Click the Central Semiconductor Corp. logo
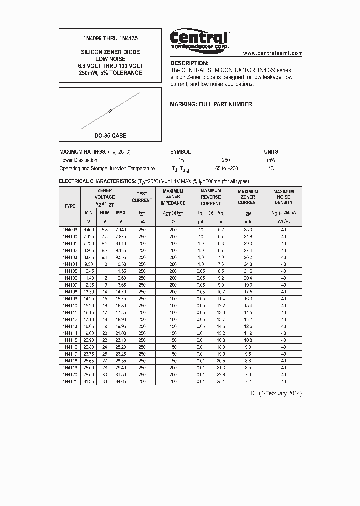pos(199,39)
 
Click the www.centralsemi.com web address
pos(273,53)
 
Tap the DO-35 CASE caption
pos(110,136)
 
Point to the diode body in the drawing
pos(110,111)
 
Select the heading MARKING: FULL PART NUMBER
pos(211,104)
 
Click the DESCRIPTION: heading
pos(189,63)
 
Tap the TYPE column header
pos(70,206)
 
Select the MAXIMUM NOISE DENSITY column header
pos(283,197)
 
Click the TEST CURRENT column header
pos(142,197)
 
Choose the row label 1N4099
pos(70,229)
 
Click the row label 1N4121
pos(70,381)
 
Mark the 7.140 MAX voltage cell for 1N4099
pos(120,229)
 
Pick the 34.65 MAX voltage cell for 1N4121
pos(120,381)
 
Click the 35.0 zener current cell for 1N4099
pos(248,229)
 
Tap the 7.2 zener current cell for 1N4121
pos(248,381)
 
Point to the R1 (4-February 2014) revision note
pos(276,393)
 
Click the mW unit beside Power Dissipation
pos(271,160)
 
